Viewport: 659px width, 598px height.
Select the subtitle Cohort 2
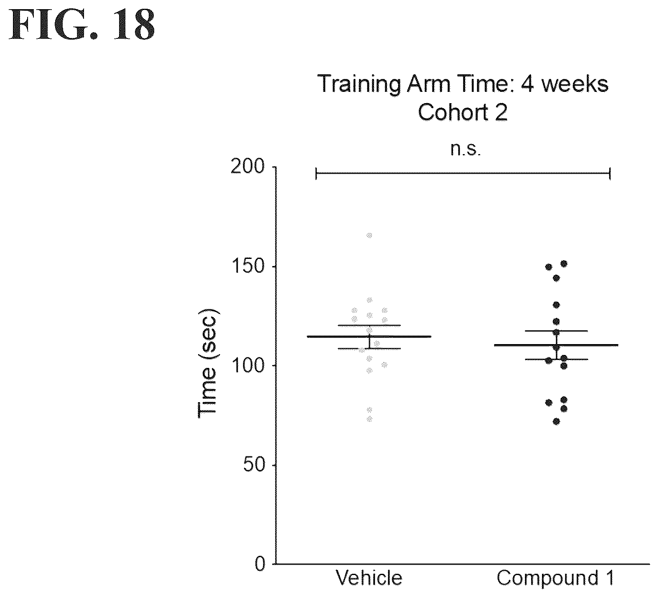pyautogui.click(x=463, y=112)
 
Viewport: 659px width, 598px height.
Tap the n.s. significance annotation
pyautogui.click(x=466, y=149)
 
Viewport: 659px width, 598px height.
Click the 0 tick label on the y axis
pyautogui.click(x=260, y=564)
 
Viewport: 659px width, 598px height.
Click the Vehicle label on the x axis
pyautogui.click(x=369, y=578)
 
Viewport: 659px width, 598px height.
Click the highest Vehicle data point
pyautogui.click(x=369, y=236)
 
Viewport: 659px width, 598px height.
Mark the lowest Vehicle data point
pyautogui.click(x=369, y=419)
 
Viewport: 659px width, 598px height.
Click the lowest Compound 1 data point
pyautogui.click(x=556, y=422)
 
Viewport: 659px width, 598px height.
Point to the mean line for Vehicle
pyautogui.click(x=369, y=336)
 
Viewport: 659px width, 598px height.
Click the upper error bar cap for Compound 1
pyautogui.click(x=556, y=331)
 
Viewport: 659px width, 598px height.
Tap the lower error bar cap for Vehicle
pyautogui.click(x=369, y=348)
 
